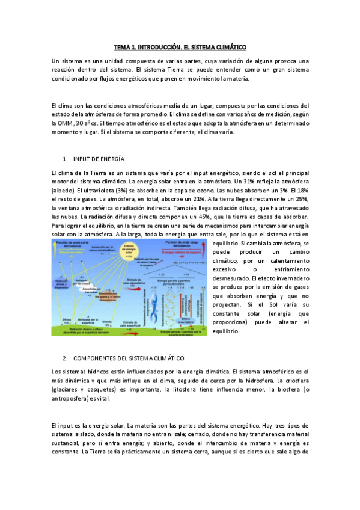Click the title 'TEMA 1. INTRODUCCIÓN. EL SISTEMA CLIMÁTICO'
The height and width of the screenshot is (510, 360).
pyautogui.click(x=180, y=47)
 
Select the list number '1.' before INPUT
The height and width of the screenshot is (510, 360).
pyautogui.click(x=65, y=159)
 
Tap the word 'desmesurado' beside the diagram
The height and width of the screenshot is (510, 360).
pyautogui.click(x=233, y=279)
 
